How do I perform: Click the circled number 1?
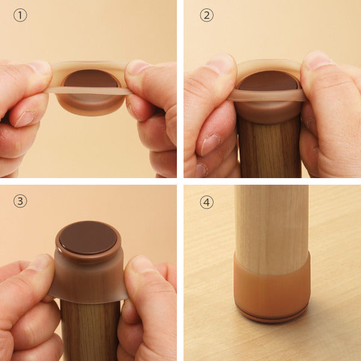point(20,15)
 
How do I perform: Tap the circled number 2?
point(206,15)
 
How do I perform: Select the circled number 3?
point(20,201)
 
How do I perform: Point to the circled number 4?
point(206,202)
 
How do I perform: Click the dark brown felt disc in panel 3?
point(88,238)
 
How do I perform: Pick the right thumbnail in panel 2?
point(318,60)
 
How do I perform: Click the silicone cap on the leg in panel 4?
point(272,291)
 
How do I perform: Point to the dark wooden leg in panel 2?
point(270,147)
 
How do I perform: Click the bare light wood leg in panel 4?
point(272,228)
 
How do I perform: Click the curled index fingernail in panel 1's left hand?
point(25,119)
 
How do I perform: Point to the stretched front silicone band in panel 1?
point(90,91)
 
